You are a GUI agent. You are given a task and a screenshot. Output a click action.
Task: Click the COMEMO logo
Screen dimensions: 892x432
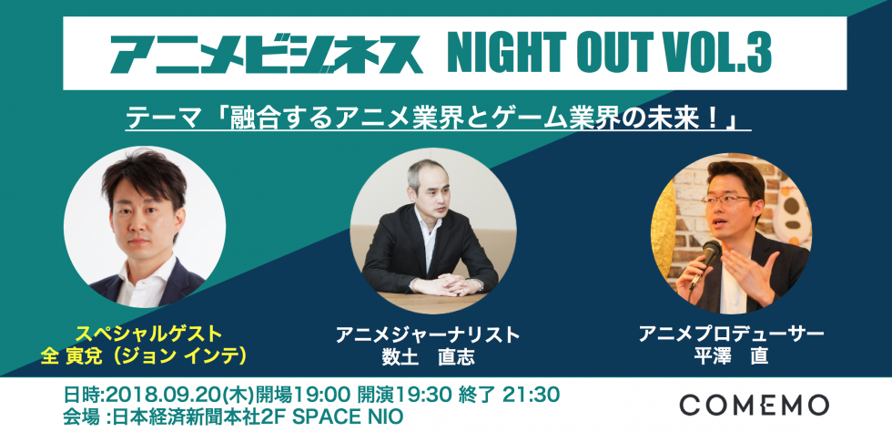pos(754,405)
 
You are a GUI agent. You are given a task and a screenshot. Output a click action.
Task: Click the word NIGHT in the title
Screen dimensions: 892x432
pos(497,53)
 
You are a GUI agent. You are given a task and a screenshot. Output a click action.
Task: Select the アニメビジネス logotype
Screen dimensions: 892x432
pos(266,55)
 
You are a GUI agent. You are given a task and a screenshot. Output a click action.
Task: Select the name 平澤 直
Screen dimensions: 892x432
pos(731,356)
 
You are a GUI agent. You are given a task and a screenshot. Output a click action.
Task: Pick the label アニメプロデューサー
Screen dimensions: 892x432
pos(731,334)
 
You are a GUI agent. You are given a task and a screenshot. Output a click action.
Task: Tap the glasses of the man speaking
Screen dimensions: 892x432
pos(726,200)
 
